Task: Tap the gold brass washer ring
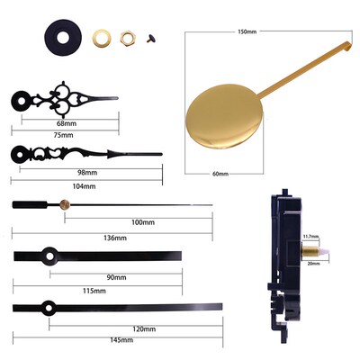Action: coord(102,38)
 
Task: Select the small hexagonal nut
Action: coord(126,38)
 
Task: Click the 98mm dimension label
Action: coord(86,172)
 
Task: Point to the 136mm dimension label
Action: coord(114,238)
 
